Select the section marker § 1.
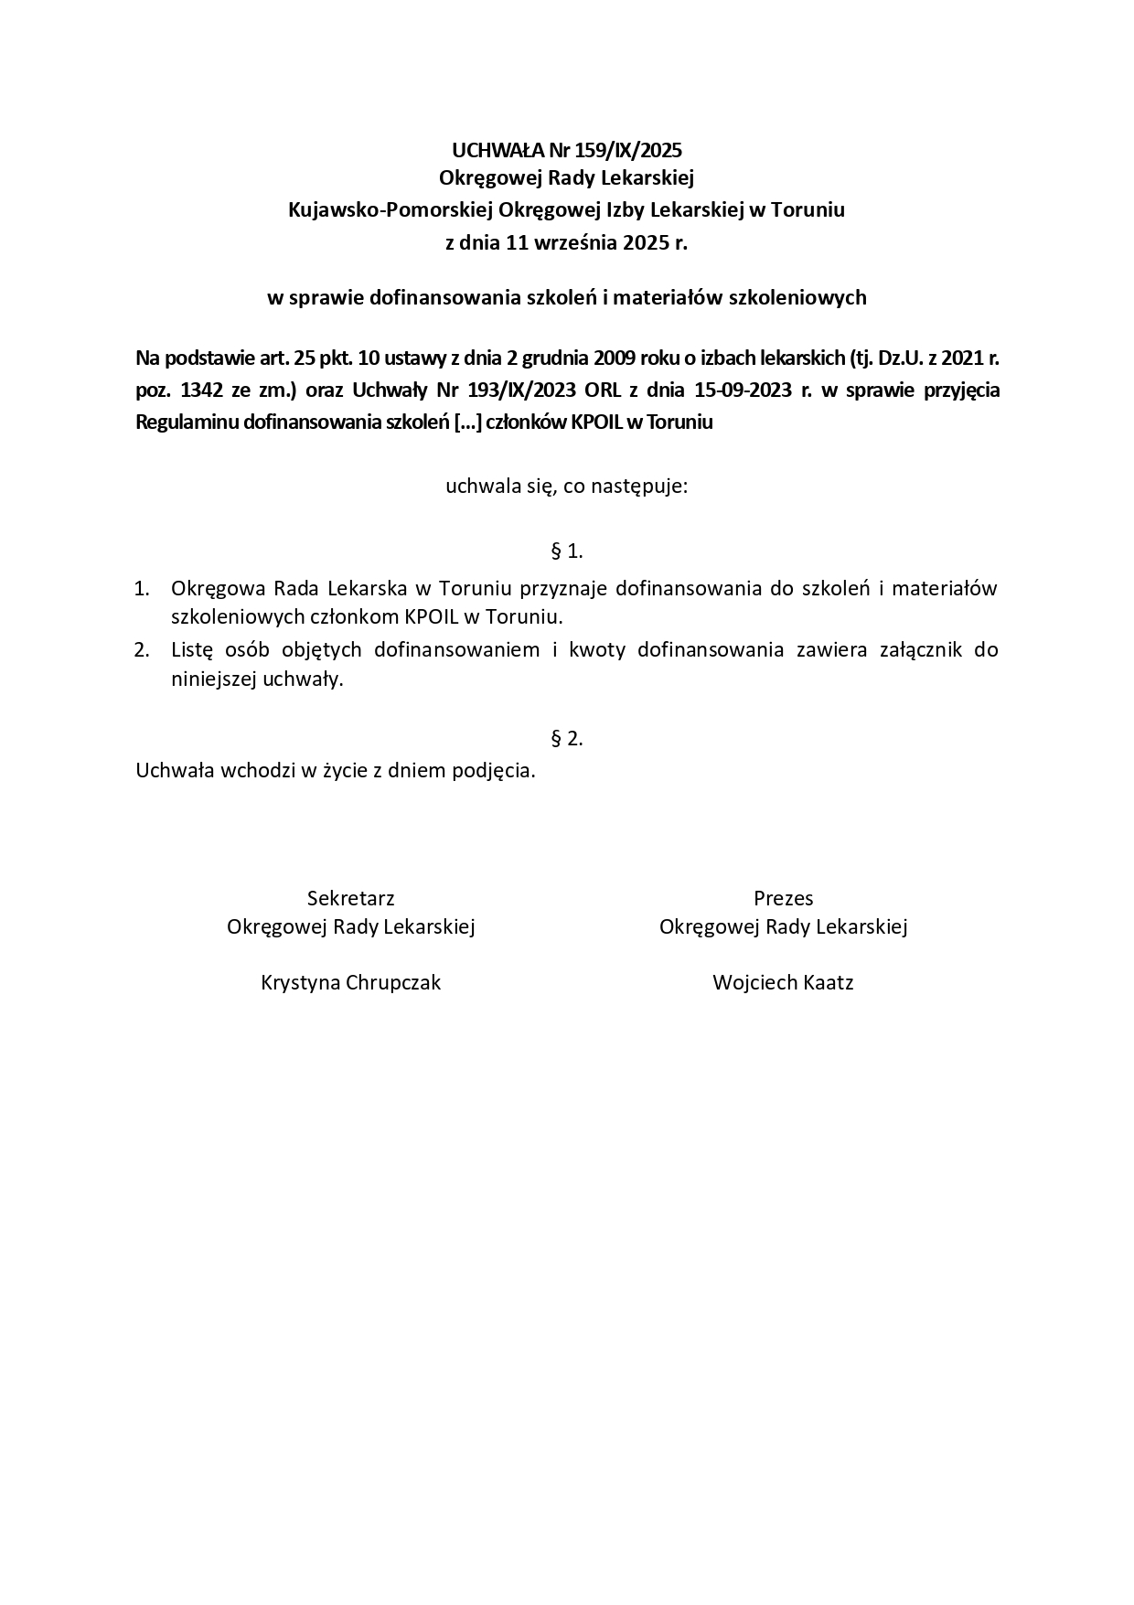pos(567,551)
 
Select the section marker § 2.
pos(567,738)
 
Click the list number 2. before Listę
pos(142,650)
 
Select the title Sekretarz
pos(350,898)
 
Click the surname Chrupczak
pos(394,983)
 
